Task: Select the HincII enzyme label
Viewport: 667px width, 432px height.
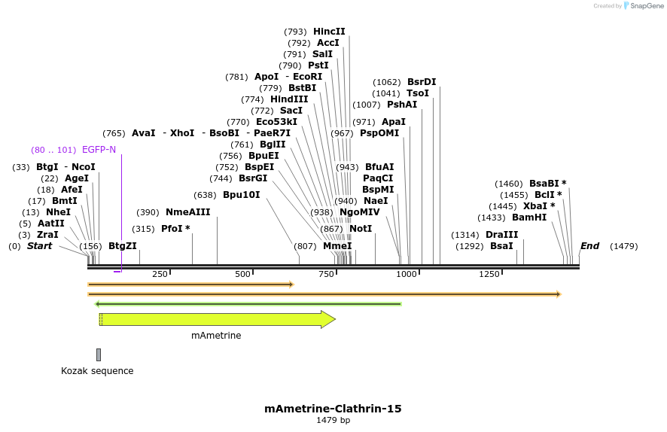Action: [x=329, y=32]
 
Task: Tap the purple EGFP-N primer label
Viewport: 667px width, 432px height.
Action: [x=99, y=150]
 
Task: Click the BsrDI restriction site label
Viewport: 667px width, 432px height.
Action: [x=422, y=82]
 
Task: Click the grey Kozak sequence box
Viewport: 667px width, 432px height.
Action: [x=99, y=354]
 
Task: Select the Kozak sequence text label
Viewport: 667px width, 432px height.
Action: [x=97, y=371]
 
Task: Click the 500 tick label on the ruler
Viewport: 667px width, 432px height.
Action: [x=242, y=274]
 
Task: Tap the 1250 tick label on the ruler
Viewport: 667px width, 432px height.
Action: [x=489, y=274]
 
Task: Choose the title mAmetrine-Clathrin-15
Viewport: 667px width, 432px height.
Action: [x=333, y=409]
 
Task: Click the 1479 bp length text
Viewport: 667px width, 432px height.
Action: [x=333, y=420]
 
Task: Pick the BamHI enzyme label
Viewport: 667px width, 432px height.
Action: [x=529, y=218]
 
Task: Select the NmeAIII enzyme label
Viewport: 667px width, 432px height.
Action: [x=188, y=212]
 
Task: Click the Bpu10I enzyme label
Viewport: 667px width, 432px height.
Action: [x=241, y=195]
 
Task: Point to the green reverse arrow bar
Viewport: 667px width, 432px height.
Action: [x=248, y=304]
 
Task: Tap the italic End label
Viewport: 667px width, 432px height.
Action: [x=589, y=246]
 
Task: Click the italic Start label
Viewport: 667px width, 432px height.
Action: [x=39, y=246]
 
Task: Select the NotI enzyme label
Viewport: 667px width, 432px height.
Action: [x=361, y=229]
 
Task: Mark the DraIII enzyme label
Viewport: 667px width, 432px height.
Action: [x=501, y=235]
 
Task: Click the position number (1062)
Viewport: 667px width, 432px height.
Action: [x=388, y=82]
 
